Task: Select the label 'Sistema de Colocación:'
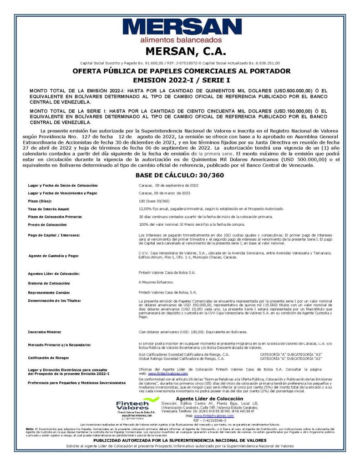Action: pyautogui.click(x=49, y=283)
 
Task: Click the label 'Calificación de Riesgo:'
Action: pyautogui.click(x=49, y=358)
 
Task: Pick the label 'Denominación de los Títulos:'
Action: pyautogui.click(x=54, y=301)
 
